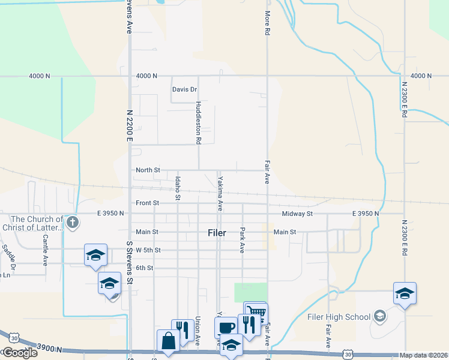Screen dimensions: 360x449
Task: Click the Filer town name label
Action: click(x=217, y=233)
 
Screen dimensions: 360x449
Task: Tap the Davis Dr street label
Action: click(x=185, y=90)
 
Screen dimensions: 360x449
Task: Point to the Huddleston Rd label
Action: click(x=198, y=122)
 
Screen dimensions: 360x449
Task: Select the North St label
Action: click(x=148, y=170)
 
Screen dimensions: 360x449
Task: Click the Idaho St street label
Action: click(x=178, y=188)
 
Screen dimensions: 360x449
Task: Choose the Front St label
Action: click(x=147, y=203)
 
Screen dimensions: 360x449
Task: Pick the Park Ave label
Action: click(x=243, y=239)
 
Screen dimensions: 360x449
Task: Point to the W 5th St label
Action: click(x=148, y=250)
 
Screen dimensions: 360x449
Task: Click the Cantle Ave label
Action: click(x=45, y=250)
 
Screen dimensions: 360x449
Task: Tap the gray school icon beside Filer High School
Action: click(x=379, y=316)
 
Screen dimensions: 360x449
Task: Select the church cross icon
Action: click(x=73, y=223)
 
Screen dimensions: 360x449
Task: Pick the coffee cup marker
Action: click(x=226, y=328)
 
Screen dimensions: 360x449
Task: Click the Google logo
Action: click(x=19, y=353)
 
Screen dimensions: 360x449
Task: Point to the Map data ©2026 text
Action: click(x=423, y=355)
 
